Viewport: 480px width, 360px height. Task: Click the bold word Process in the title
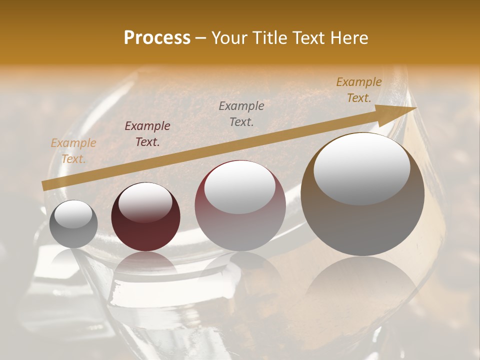(x=157, y=38)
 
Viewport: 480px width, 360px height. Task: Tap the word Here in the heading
(x=348, y=38)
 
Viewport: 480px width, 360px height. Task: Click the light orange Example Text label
(x=73, y=151)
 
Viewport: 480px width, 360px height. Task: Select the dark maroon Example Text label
(x=147, y=134)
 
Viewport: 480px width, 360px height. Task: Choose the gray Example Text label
(x=241, y=113)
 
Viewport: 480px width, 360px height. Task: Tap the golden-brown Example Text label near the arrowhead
(x=359, y=90)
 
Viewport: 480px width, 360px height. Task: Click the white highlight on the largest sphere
(x=362, y=168)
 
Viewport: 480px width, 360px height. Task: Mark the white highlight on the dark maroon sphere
(x=145, y=202)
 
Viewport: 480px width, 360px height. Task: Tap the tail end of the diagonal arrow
(x=44, y=186)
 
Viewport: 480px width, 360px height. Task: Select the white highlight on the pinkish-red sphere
(x=240, y=188)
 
